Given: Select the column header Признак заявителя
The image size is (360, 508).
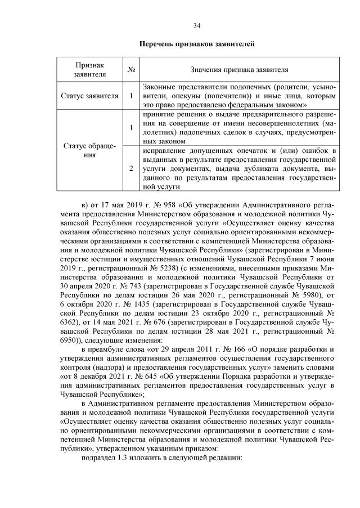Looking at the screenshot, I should [89, 70].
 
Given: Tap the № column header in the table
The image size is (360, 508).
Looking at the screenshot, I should [130, 70].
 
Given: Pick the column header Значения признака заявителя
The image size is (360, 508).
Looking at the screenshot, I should [238, 70].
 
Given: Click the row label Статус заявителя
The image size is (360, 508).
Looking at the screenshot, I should [89, 96].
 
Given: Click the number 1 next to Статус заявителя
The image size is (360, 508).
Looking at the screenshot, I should [130, 96].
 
